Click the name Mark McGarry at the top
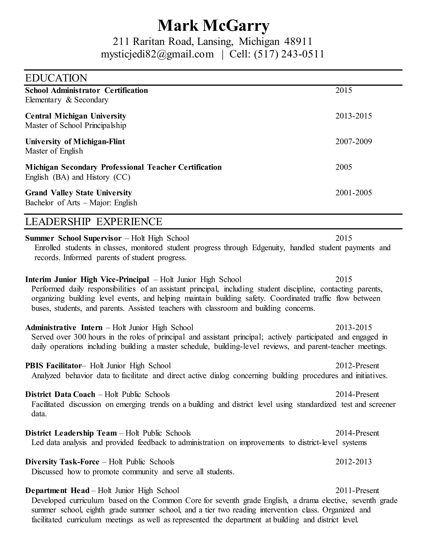point(213,26)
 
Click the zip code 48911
point(298,41)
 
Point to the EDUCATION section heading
point(56,78)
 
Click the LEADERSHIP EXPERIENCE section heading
point(94,221)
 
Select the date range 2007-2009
point(353,142)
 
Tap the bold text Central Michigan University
point(76,116)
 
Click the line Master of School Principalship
point(76,125)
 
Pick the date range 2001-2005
point(353,193)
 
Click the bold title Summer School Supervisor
point(73,238)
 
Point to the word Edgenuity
point(268,248)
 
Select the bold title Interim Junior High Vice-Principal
point(87,279)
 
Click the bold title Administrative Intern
point(64,327)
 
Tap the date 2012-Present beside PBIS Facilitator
point(357,366)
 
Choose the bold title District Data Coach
point(60,394)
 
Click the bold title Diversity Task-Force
point(62,462)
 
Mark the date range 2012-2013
point(353,462)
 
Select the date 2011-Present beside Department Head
point(357,490)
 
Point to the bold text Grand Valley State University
point(78,193)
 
